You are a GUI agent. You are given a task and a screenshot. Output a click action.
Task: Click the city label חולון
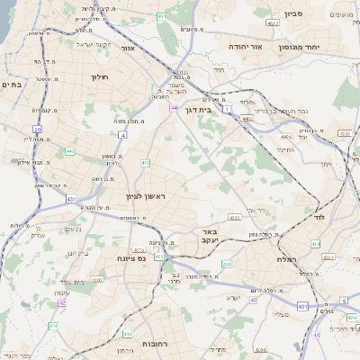pyautogui.click(x=99, y=77)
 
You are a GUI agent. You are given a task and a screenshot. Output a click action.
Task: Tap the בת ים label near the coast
pyautogui.click(x=12, y=84)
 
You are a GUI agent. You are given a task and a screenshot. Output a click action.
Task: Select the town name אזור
pyautogui.click(x=127, y=48)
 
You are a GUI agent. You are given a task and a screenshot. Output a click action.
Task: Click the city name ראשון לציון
pyautogui.click(x=146, y=195)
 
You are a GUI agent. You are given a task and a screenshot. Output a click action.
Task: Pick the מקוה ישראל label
pyautogui.click(x=91, y=45)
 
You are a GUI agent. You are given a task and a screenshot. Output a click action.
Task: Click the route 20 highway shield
pyautogui.click(x=37, y=130)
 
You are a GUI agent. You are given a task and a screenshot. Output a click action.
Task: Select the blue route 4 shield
pyautogui.click(x=121, y=135)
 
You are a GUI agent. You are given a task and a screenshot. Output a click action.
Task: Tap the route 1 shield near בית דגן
pyautogui.click(x=227, y=108)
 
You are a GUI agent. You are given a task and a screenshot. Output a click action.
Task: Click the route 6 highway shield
pyautogui.click(x=343, y=301)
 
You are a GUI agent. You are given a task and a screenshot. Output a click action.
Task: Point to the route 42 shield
pyautogui.click(x=61, y=303)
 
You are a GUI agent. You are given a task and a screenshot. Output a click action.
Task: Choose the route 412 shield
pyautogui.click(x=145, y=163)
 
